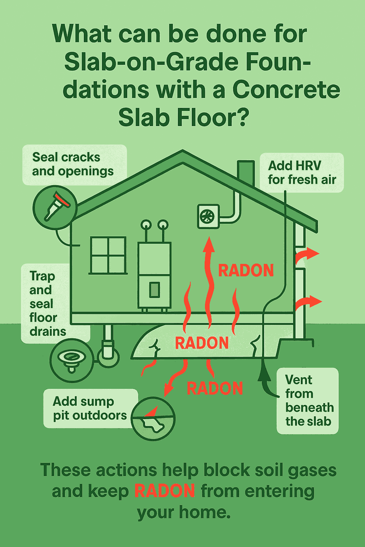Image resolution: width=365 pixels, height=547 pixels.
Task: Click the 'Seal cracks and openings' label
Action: click(73, 164)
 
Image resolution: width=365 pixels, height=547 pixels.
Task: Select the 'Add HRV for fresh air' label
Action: click(302, 173)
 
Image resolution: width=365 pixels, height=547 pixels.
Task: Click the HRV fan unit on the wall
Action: click(208, 217)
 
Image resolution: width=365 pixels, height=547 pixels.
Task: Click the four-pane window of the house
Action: click(108, 255)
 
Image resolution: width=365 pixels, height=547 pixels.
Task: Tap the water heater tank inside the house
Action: click(154, 275)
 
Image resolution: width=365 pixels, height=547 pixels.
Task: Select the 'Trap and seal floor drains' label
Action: click(47, 304)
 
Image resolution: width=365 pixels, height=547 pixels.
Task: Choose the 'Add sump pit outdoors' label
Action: click(90, 408)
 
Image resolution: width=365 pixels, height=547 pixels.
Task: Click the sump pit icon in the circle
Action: click(153, 419)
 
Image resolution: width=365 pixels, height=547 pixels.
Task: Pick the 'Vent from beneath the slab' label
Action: click(309, 401)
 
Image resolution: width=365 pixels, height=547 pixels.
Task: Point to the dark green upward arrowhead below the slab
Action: click(264, 370)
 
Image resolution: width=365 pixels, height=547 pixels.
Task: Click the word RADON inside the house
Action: click(246, 270)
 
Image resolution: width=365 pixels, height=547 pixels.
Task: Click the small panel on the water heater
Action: click(154, 290)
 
